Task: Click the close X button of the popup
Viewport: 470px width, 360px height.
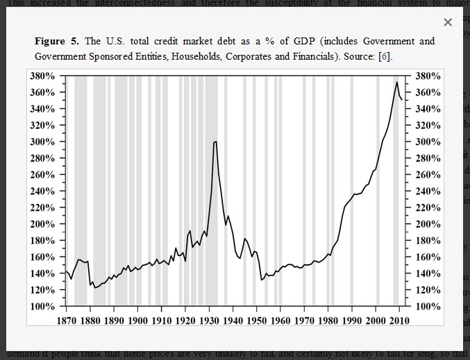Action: pos(448,23)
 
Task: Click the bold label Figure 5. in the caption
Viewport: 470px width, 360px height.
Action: pos(58,42)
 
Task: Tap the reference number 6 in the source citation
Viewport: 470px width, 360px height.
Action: pos(385,56)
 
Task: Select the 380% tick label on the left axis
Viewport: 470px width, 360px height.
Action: pos(42,76)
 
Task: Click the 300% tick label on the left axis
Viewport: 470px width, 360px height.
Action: pos(42,142)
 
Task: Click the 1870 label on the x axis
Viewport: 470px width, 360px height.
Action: pos(66,320)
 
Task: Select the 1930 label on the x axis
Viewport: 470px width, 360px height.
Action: pos(209,320)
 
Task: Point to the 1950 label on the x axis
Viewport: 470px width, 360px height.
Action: pos(257,320)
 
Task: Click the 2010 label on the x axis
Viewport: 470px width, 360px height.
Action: pos(398,320)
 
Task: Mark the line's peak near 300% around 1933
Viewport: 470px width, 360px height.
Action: pos(215,142)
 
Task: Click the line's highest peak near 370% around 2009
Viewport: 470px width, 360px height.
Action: pos(396,83)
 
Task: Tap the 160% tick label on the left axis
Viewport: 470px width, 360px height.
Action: pos(42,257)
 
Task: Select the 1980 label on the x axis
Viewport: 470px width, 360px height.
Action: pos(328,320)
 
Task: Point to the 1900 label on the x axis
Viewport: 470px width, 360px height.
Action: pos(137,320)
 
